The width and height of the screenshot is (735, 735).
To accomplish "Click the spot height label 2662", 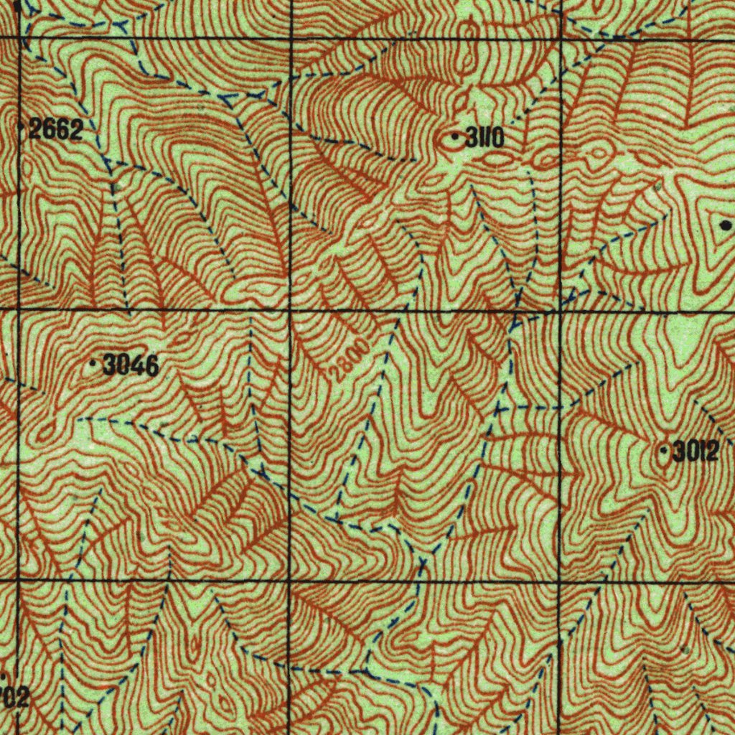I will click(56, 130).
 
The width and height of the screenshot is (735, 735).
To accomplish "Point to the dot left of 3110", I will click(455, 135).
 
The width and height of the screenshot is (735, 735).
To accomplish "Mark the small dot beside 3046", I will click(93, 365).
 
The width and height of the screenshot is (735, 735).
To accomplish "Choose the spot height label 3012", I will click(695, 451).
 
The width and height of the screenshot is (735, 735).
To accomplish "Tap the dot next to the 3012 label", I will click(664, 451).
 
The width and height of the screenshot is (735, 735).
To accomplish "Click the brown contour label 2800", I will click(351, 360).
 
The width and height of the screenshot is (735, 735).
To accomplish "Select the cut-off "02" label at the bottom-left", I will click(16, 696).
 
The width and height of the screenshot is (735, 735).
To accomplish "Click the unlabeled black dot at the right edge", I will click(725, 225).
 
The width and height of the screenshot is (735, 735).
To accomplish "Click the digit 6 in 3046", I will click(151, 366).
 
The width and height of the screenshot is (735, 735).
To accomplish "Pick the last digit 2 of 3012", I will click(711, 451).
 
